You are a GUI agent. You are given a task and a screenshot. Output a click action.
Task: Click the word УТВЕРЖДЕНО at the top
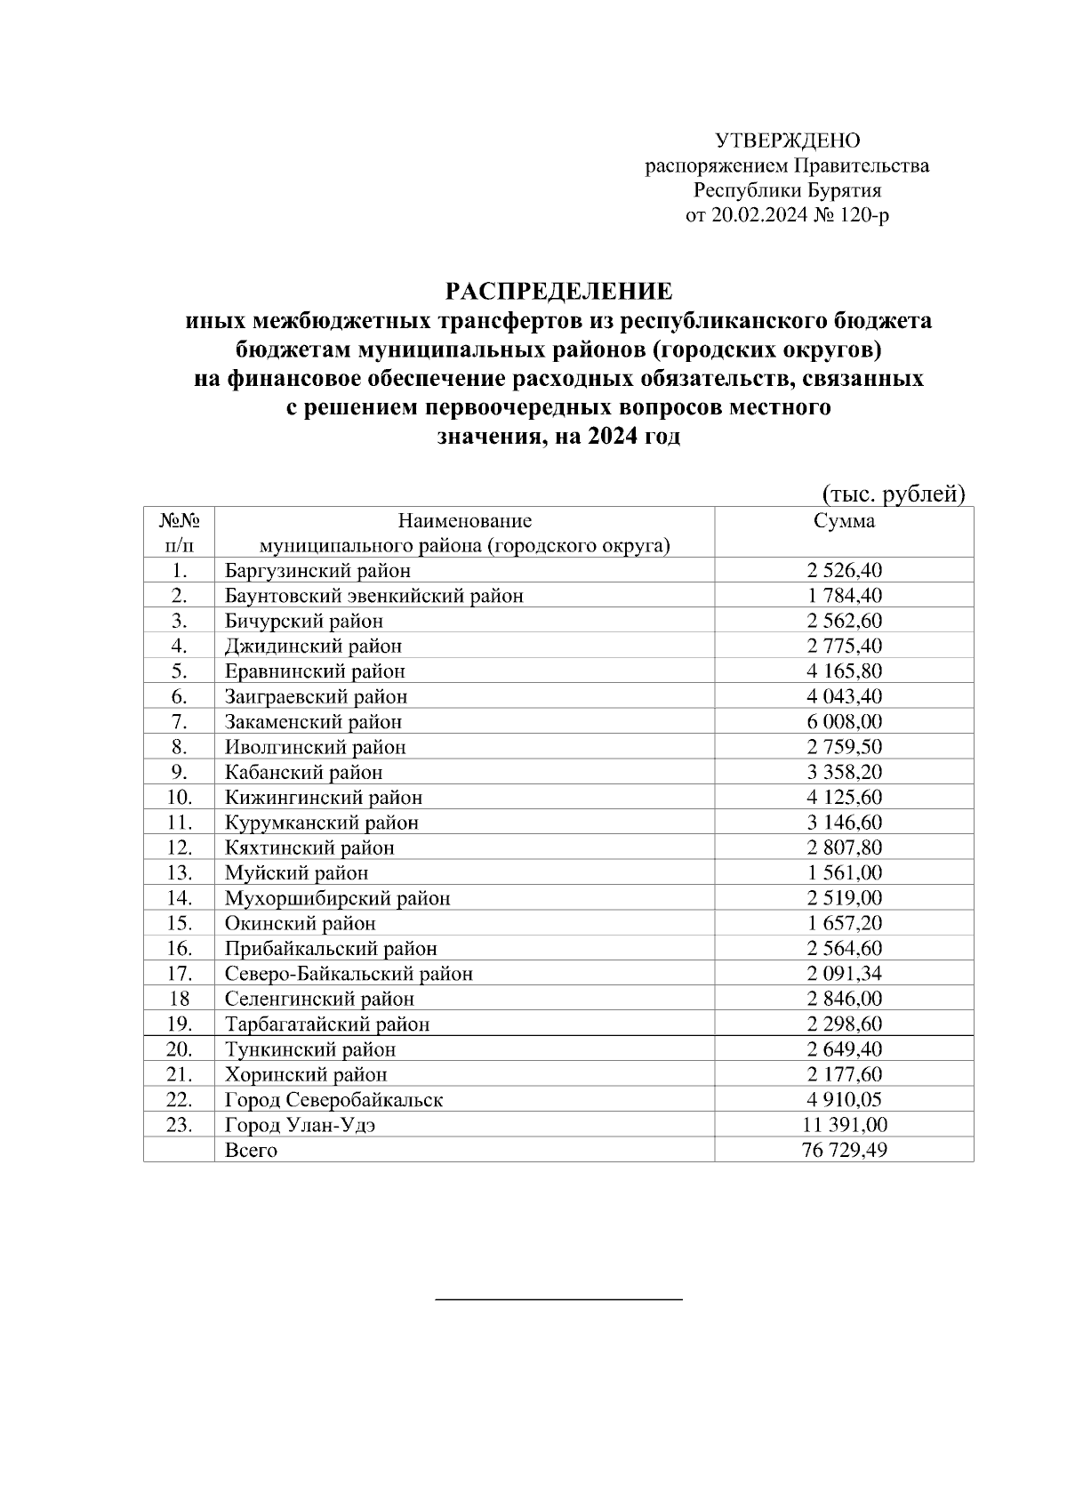click(x=788, y=141)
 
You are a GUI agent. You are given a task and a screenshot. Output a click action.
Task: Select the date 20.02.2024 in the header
click(x=758, y=215)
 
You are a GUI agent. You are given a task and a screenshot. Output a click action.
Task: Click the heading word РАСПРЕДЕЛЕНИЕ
click(x=558, y=292)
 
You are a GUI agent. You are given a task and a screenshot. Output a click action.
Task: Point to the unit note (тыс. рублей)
click(x=892, y=494)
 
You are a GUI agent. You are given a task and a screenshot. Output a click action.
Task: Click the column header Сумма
click(x=844, y=521)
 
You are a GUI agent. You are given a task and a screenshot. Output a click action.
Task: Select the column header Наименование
click(x=464, y=521)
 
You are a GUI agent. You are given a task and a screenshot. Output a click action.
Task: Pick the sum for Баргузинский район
click(x=844, y=571)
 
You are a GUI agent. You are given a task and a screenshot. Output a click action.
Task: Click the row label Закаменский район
click(x=313, y=722)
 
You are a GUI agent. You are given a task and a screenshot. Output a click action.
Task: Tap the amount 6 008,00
click(x=844, y=722)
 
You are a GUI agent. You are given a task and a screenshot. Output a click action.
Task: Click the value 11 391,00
click(x=844, y=1125)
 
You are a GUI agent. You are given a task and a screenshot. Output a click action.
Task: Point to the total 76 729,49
click(x=844, y=1151)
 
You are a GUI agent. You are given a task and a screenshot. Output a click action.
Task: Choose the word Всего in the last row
click(x=251, y=1151)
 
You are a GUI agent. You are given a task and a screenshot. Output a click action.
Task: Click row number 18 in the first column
click(x=179, y=999)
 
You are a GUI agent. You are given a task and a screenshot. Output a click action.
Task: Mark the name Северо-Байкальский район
click(x=349, y=974)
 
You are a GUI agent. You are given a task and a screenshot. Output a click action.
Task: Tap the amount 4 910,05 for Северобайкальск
click(x=844, y=1100)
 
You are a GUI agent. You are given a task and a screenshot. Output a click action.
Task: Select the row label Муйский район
click(x=296, y=873)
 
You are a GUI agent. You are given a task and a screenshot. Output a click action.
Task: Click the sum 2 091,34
click(x=844, y=974)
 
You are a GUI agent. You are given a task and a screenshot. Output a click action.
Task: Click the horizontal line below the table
click(x=558, y=1300)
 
